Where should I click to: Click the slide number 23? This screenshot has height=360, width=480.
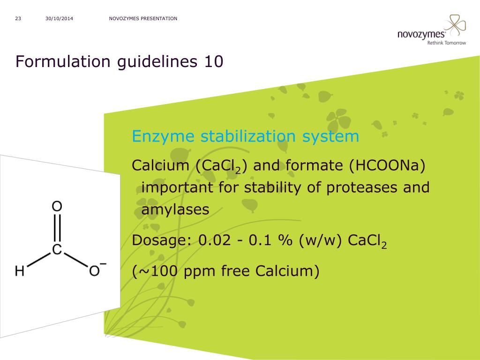[x=18, y=19]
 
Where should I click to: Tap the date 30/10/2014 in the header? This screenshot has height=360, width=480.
[x=60, y=19]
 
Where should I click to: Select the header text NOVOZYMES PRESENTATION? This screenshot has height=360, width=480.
[x=143, y=19]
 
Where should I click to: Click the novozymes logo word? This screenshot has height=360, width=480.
[x=421, y=34]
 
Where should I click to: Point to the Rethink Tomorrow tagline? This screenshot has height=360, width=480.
[x=446, y=43]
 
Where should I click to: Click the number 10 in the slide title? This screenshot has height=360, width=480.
[x=214, y=61]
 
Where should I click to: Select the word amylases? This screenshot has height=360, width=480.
[x=175, y=210]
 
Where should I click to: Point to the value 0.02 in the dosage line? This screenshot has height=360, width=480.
[x=215, y=240]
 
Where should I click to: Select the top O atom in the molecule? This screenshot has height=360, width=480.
[x=57, y=207]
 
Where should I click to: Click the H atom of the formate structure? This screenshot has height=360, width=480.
[x=20, y=271]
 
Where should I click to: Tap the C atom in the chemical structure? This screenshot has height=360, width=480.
[x=57, y=250]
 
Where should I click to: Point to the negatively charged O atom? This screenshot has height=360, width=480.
[x=95, y=271]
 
